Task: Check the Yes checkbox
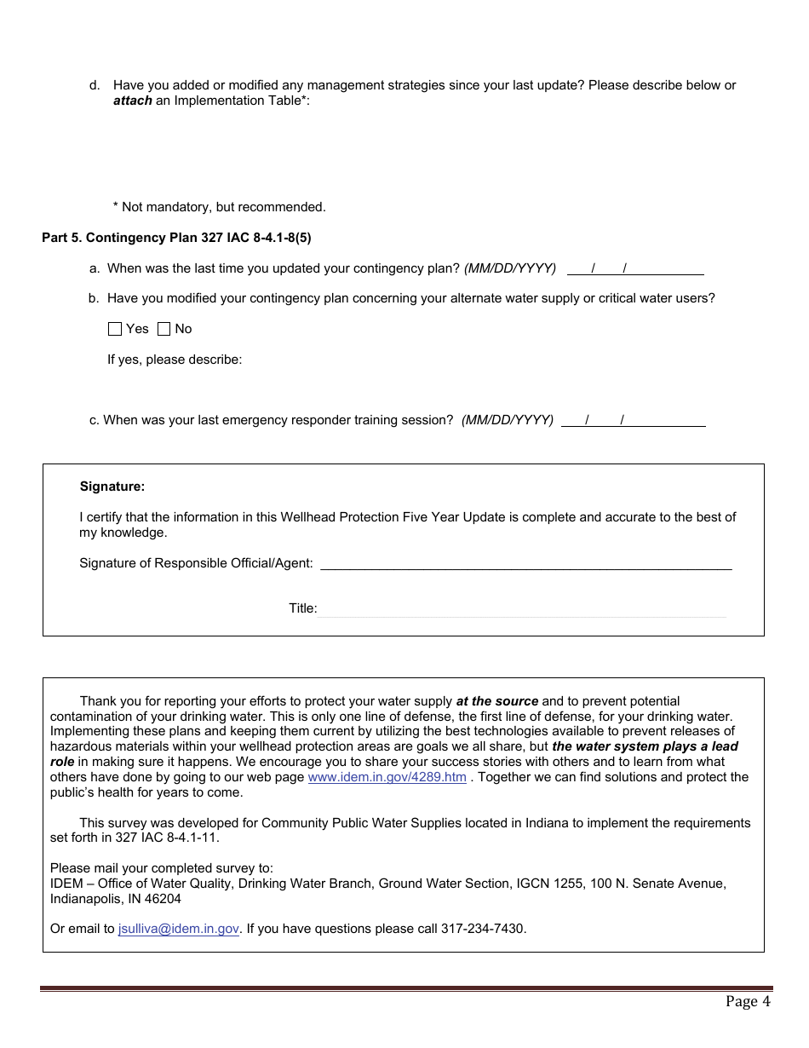[115, 329]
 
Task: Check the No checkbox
[164, 329]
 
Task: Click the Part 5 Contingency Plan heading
[182, 238]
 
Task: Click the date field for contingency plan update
[634, 268]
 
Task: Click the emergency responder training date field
[633, 420]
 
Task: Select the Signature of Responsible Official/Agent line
[525, 563]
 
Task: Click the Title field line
[522, 608]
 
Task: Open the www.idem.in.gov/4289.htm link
[387, 777]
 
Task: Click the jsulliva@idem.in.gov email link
[179, 929]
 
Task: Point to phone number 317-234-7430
[483, 929]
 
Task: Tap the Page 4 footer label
[748, 1001]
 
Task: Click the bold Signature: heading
[112, 487]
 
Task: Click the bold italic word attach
[133, 101]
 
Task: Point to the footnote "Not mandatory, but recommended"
[223, 207]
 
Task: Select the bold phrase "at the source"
[497, 701]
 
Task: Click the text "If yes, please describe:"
[175, 360]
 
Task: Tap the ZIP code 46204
[162, 899]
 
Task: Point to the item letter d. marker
[95, 85]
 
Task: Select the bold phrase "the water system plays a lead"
[645, 746]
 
